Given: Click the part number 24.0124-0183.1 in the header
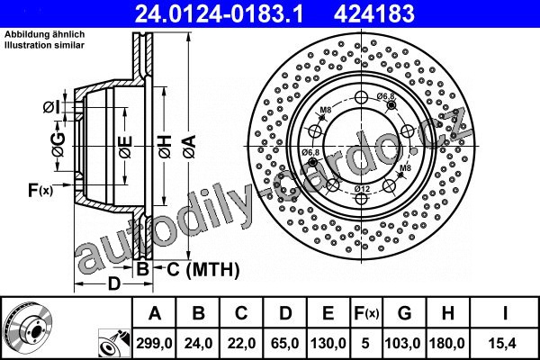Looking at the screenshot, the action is (219, 14).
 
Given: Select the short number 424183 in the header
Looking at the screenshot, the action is (374, 14).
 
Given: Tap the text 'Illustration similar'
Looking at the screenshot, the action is (44, 45).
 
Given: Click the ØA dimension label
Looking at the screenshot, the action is (189, 147).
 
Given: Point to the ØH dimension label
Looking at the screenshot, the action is (165, 147).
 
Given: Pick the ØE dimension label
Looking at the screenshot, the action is (125, 147).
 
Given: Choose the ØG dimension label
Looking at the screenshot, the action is (58, 144).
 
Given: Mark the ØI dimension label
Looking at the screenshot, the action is (51, 107).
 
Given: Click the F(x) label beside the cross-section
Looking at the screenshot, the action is (40, 190).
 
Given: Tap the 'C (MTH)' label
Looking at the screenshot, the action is (203, 269).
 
